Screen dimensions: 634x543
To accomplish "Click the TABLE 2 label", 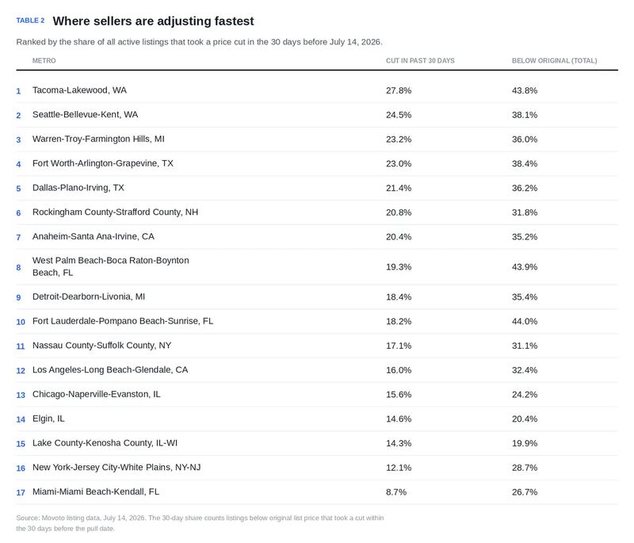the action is coord(30,21).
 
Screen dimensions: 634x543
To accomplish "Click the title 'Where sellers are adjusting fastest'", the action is coord(153,21).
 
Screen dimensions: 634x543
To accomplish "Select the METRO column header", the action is coord(44,61).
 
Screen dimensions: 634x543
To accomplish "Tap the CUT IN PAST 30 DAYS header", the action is coord(420,61).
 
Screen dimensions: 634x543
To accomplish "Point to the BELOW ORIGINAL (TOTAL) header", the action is coord(554,61).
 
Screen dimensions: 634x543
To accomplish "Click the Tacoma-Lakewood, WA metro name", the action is coord(79,90).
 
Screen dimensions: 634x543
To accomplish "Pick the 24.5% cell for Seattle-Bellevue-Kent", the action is coord(399,115).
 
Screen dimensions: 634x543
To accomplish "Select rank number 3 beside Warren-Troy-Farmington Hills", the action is coord(18,140).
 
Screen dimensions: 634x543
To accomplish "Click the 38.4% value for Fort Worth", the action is coord(525,164).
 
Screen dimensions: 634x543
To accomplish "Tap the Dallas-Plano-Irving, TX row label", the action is coord(78,188).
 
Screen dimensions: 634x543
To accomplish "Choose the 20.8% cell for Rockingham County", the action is coord(399,212).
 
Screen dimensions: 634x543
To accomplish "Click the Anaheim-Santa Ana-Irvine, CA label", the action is coord(93,236).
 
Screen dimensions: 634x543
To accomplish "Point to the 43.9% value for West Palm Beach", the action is coord(525,267).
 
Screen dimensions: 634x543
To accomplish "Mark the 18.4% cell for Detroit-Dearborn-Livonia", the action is coord(399,296).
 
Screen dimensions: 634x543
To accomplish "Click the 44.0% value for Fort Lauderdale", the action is coord(525,321).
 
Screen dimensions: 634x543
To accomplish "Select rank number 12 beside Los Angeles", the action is coord(21,371).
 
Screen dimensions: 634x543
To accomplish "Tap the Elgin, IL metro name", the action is coord(48,419).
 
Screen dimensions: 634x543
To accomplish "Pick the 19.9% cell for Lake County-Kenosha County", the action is coord(525,443).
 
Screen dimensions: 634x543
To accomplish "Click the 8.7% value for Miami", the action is coord(396,492).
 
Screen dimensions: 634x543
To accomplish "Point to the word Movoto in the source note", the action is coord(53,518).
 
